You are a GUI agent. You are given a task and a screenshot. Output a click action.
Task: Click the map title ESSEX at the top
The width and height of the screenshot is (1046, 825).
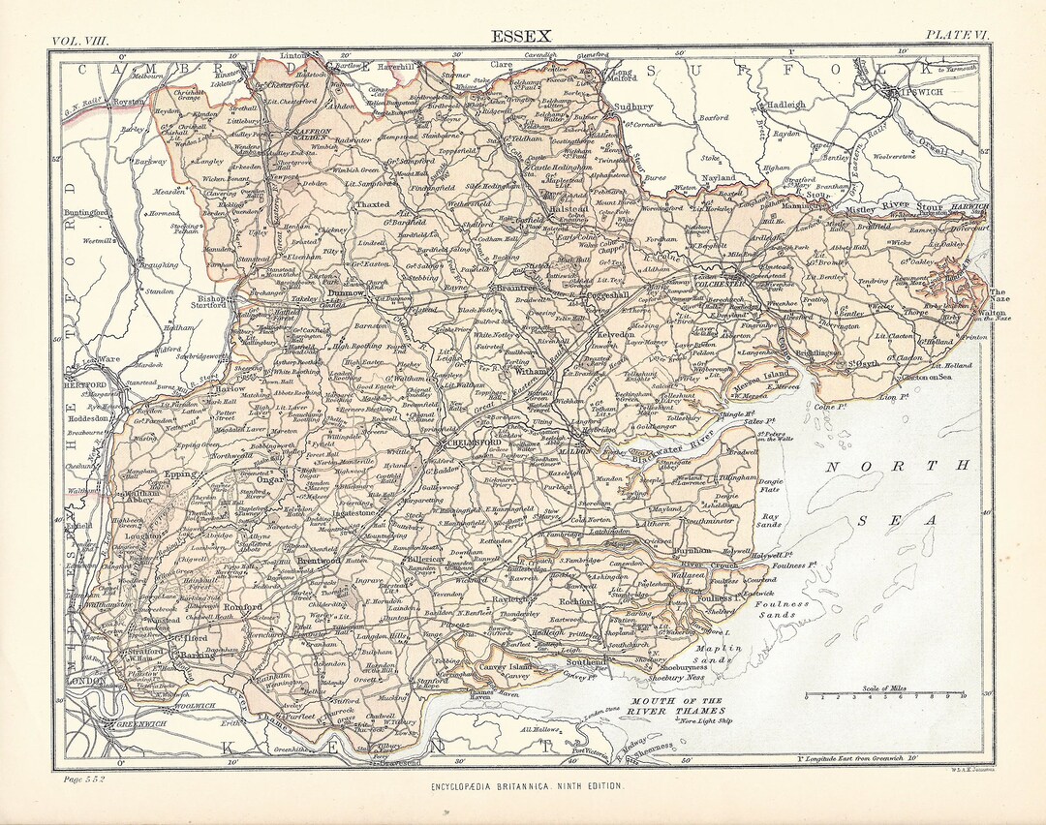click(521, 37)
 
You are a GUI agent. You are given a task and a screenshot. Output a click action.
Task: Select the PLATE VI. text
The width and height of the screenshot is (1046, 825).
click(957, 35)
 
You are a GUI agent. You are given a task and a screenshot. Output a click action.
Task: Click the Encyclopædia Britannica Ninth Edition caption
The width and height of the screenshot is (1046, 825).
click(527, 788)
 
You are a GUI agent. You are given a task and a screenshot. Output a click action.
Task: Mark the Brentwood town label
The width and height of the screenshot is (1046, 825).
click(317, 561)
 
